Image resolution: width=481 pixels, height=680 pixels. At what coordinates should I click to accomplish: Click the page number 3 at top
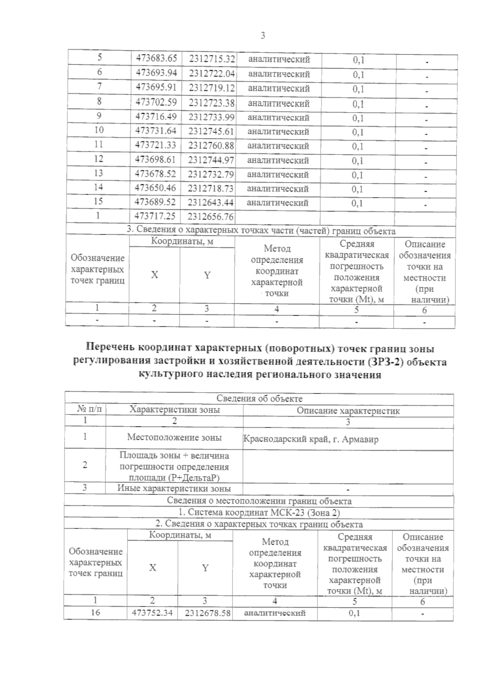click(263, 36)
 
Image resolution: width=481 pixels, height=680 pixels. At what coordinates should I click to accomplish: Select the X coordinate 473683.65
click(156, 59)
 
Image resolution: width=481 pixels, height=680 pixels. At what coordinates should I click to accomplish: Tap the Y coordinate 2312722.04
click(211, 73)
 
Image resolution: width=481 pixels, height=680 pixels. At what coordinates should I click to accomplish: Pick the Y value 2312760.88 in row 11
click(211, 145)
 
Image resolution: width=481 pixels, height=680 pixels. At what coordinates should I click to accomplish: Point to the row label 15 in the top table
click(98, 201)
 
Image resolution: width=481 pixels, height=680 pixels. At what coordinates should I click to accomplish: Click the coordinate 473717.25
click(155, 216)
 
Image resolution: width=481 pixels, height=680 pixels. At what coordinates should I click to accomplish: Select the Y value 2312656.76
click(210, 217)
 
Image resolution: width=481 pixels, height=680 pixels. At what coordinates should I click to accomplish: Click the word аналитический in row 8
click(279, 103)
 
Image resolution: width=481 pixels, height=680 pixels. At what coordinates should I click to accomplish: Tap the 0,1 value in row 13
click(358, 175)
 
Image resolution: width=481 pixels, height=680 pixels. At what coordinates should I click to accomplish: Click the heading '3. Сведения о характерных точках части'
click(261, 231)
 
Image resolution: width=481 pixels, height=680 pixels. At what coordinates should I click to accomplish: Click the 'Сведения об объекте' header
click(259, 398)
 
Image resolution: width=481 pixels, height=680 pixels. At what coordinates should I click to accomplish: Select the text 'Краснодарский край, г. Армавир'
click(311, 439)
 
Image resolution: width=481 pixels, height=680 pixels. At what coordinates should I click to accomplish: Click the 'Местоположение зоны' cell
click(174, 437)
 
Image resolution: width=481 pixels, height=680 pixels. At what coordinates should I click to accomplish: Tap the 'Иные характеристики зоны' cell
click(174, 488)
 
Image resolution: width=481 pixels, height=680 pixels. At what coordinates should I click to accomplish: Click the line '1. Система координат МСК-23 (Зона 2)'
click(259, 513)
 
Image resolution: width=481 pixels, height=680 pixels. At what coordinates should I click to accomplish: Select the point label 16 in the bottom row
click(95, 612)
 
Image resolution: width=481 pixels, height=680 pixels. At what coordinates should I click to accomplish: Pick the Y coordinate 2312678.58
click(208, 613)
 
